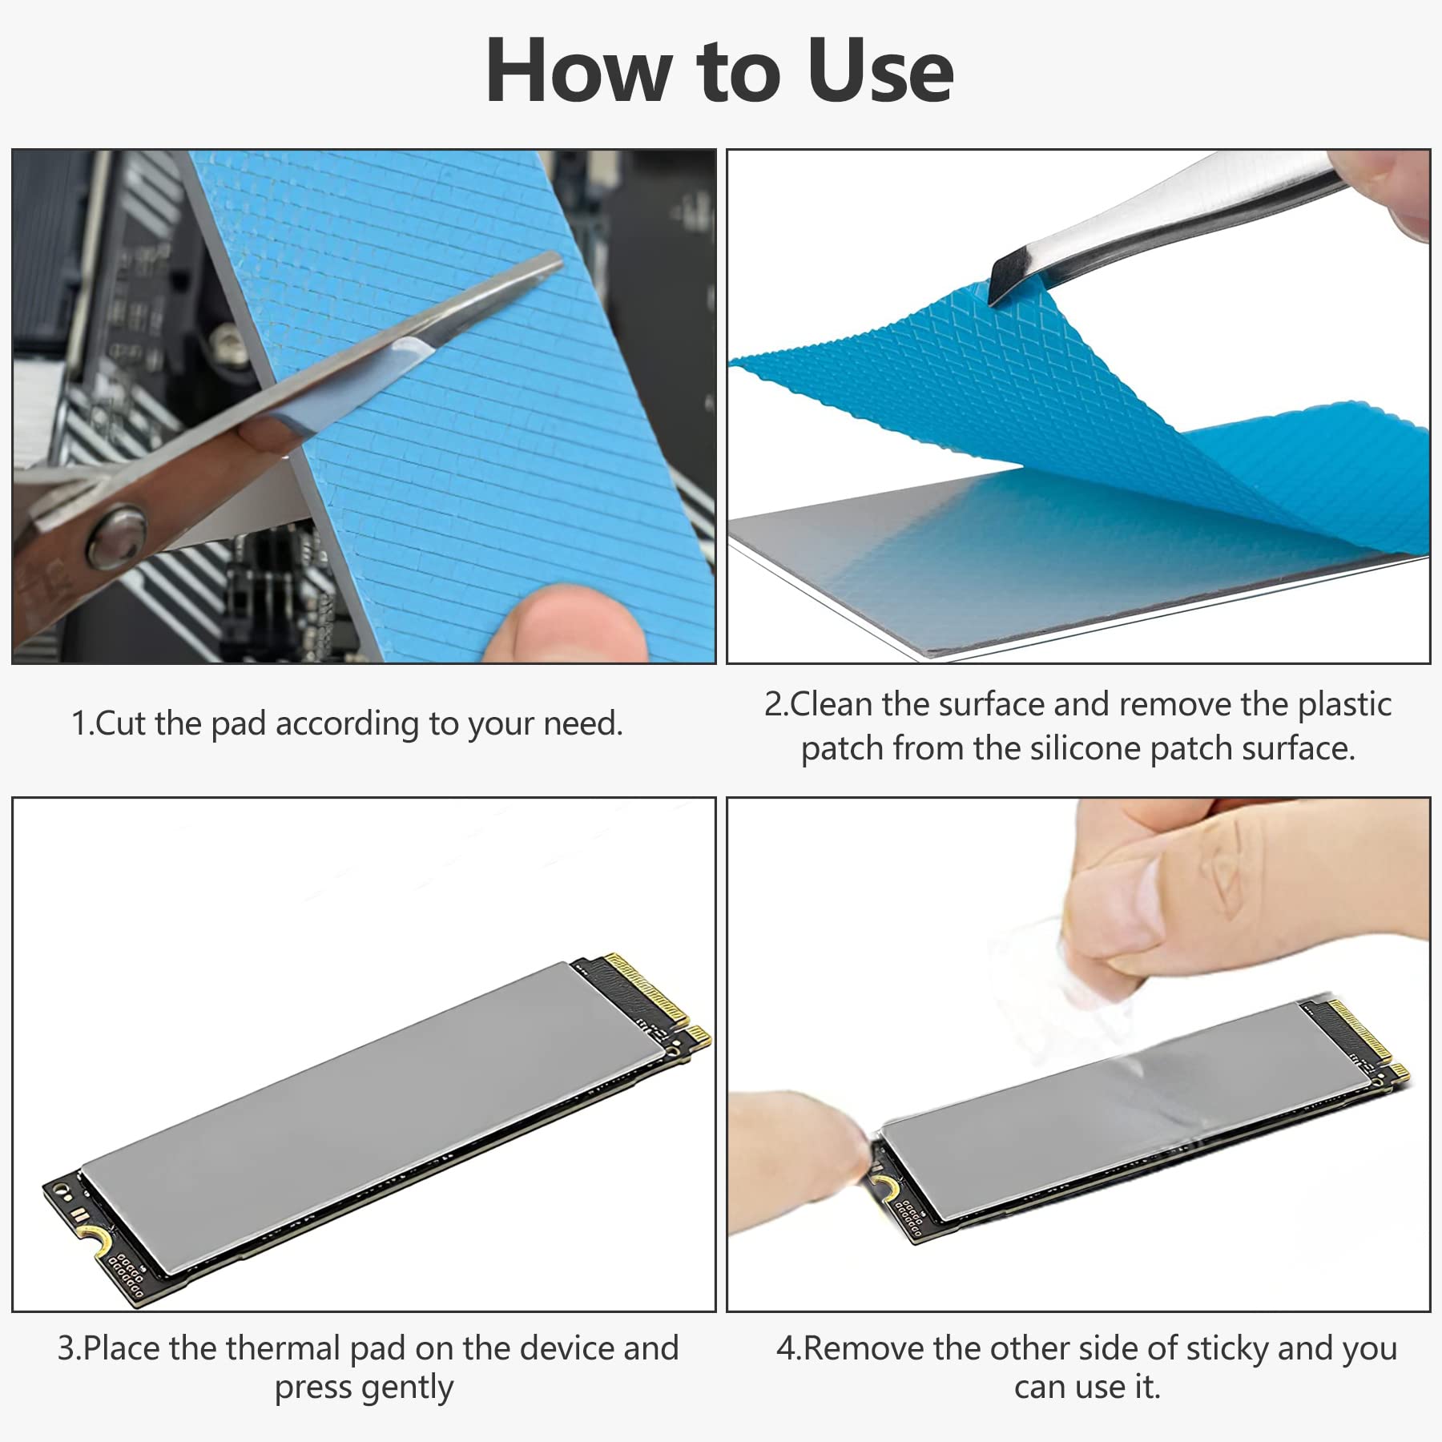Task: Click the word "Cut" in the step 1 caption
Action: coord(121,723)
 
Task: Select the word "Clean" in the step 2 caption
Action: coord(831,704)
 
